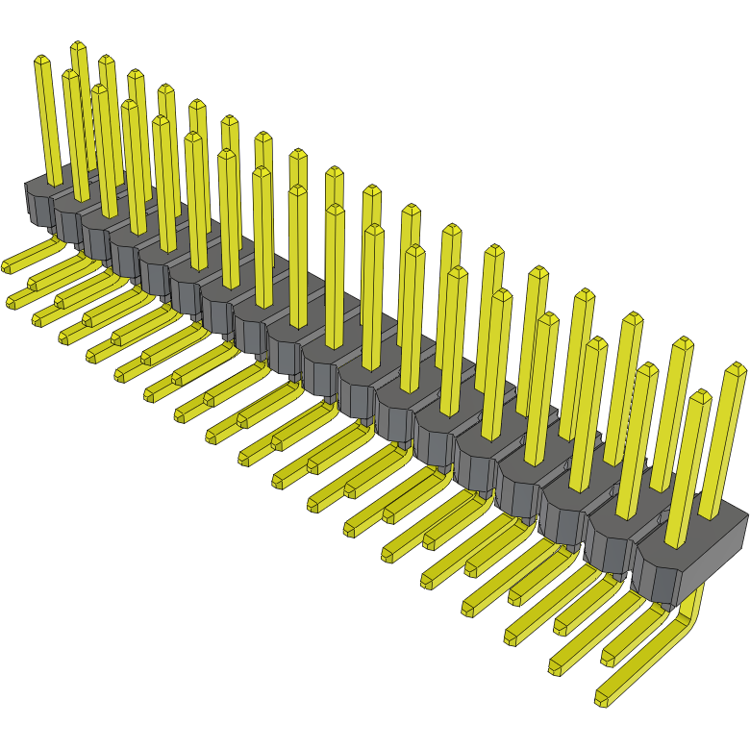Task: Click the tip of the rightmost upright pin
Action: [737, 368]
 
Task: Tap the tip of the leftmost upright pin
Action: [41, 60]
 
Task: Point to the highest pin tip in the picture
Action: [78, 45]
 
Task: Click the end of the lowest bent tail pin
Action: [603, 699]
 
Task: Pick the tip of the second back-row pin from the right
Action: [683, 342]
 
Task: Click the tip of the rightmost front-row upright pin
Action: [700, 395]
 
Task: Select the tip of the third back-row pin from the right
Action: [632, 317]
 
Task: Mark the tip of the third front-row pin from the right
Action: [596, 342]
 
